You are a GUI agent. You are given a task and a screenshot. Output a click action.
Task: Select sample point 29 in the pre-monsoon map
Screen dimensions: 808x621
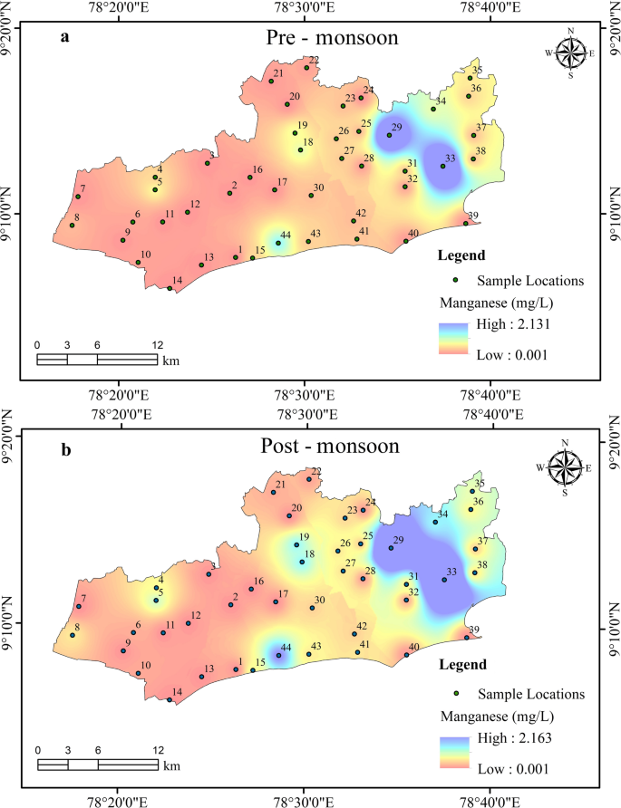click(x=390, y=135)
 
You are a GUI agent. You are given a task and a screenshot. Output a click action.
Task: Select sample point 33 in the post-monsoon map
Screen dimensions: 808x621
click(x=444, y=580)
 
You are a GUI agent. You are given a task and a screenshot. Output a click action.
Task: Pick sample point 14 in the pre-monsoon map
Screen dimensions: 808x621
click(x=170, y=288)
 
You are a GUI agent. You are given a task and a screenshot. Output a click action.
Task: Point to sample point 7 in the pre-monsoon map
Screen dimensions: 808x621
click(x=78, y=197)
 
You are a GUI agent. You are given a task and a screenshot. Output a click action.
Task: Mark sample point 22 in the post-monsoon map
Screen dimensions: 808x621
click(x=309, y=479)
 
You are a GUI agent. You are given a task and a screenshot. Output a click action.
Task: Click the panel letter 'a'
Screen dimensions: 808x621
click(x=65, y=37)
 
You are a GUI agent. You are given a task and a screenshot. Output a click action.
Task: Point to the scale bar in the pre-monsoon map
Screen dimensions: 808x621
click(x=97, y=359)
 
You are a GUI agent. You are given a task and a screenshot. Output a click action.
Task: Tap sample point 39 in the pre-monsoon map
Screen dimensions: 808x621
click(x=466, y=223)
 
